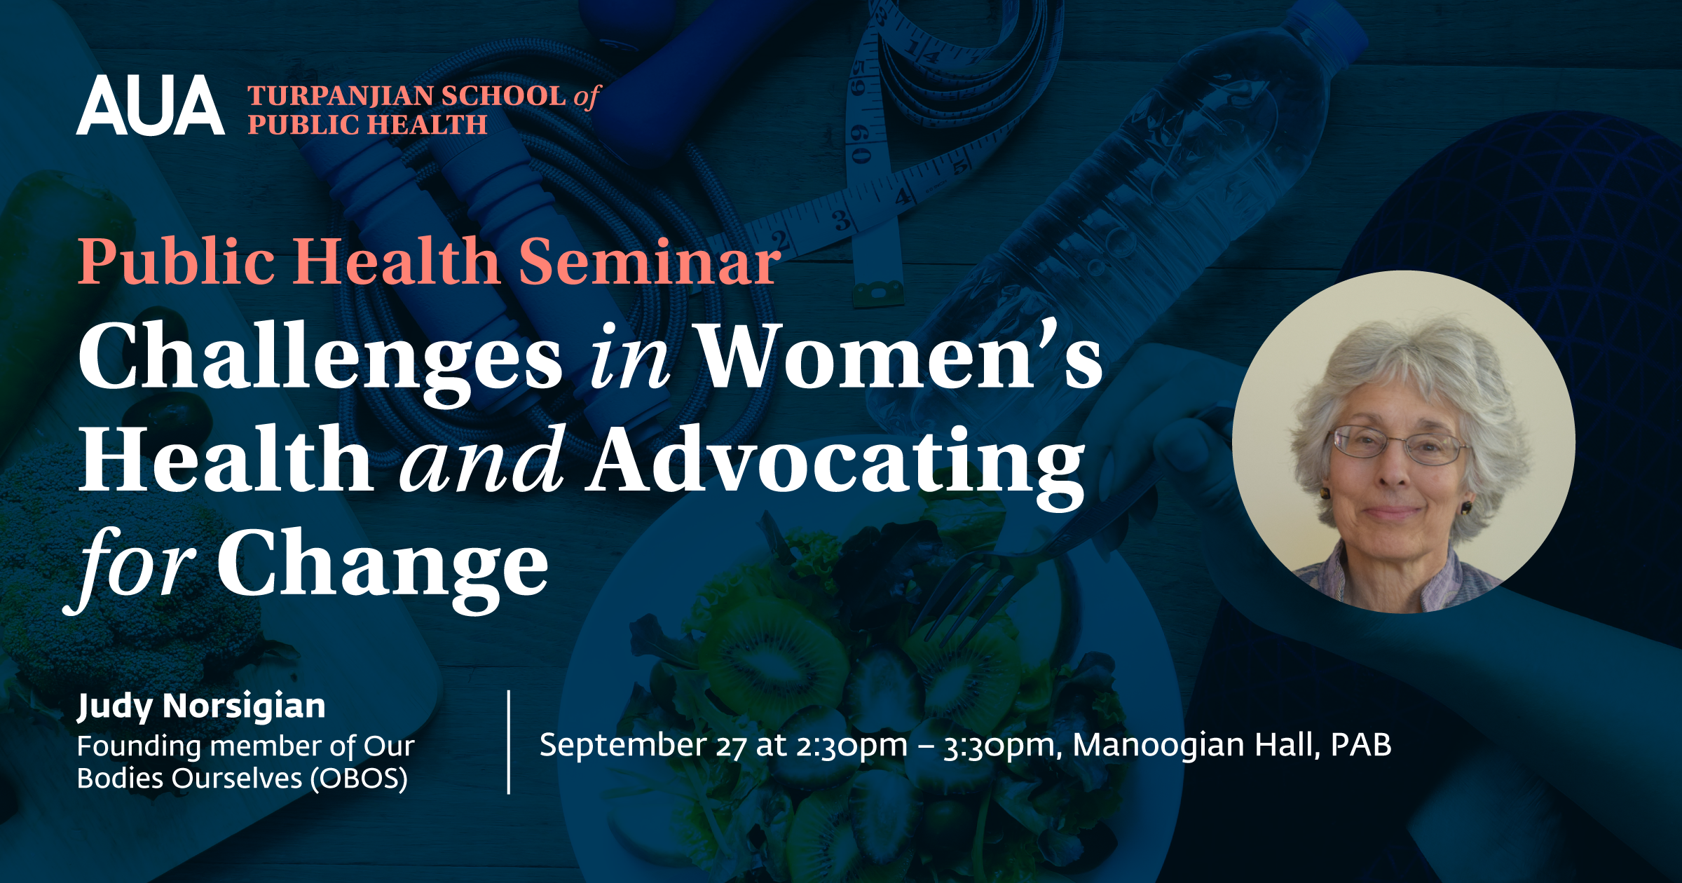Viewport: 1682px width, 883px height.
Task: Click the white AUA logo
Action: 151,105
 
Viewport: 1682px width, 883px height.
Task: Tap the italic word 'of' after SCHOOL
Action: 587,97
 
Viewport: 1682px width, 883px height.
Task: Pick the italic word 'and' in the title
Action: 482,459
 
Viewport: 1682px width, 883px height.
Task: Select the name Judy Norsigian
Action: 201,706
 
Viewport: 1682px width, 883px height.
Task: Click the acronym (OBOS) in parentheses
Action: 359,779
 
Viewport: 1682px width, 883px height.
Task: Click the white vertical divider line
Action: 509,742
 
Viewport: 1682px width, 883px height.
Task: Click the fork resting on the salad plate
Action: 1037,554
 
